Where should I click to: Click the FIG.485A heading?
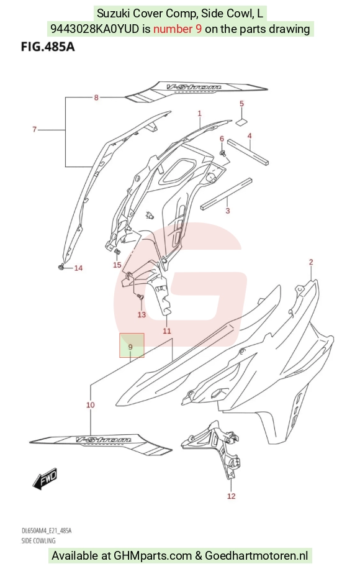point(48,47)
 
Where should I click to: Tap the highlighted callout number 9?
point(130,347)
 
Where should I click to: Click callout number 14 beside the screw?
point(78,268)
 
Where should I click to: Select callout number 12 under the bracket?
point(232,496)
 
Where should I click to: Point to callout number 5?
point(242,104)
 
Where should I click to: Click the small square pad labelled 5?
point(241,122)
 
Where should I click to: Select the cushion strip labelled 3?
point(226,194)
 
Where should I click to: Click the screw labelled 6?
point(223,153)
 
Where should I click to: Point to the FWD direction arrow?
point(45,478)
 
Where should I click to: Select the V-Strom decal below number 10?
point(101,444)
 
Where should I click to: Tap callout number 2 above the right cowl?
point(311,262)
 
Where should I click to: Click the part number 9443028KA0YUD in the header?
point(94,29)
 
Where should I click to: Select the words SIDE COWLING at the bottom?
point(38,540)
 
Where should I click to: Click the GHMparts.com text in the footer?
point(153,555)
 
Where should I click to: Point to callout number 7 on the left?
point(34,129)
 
